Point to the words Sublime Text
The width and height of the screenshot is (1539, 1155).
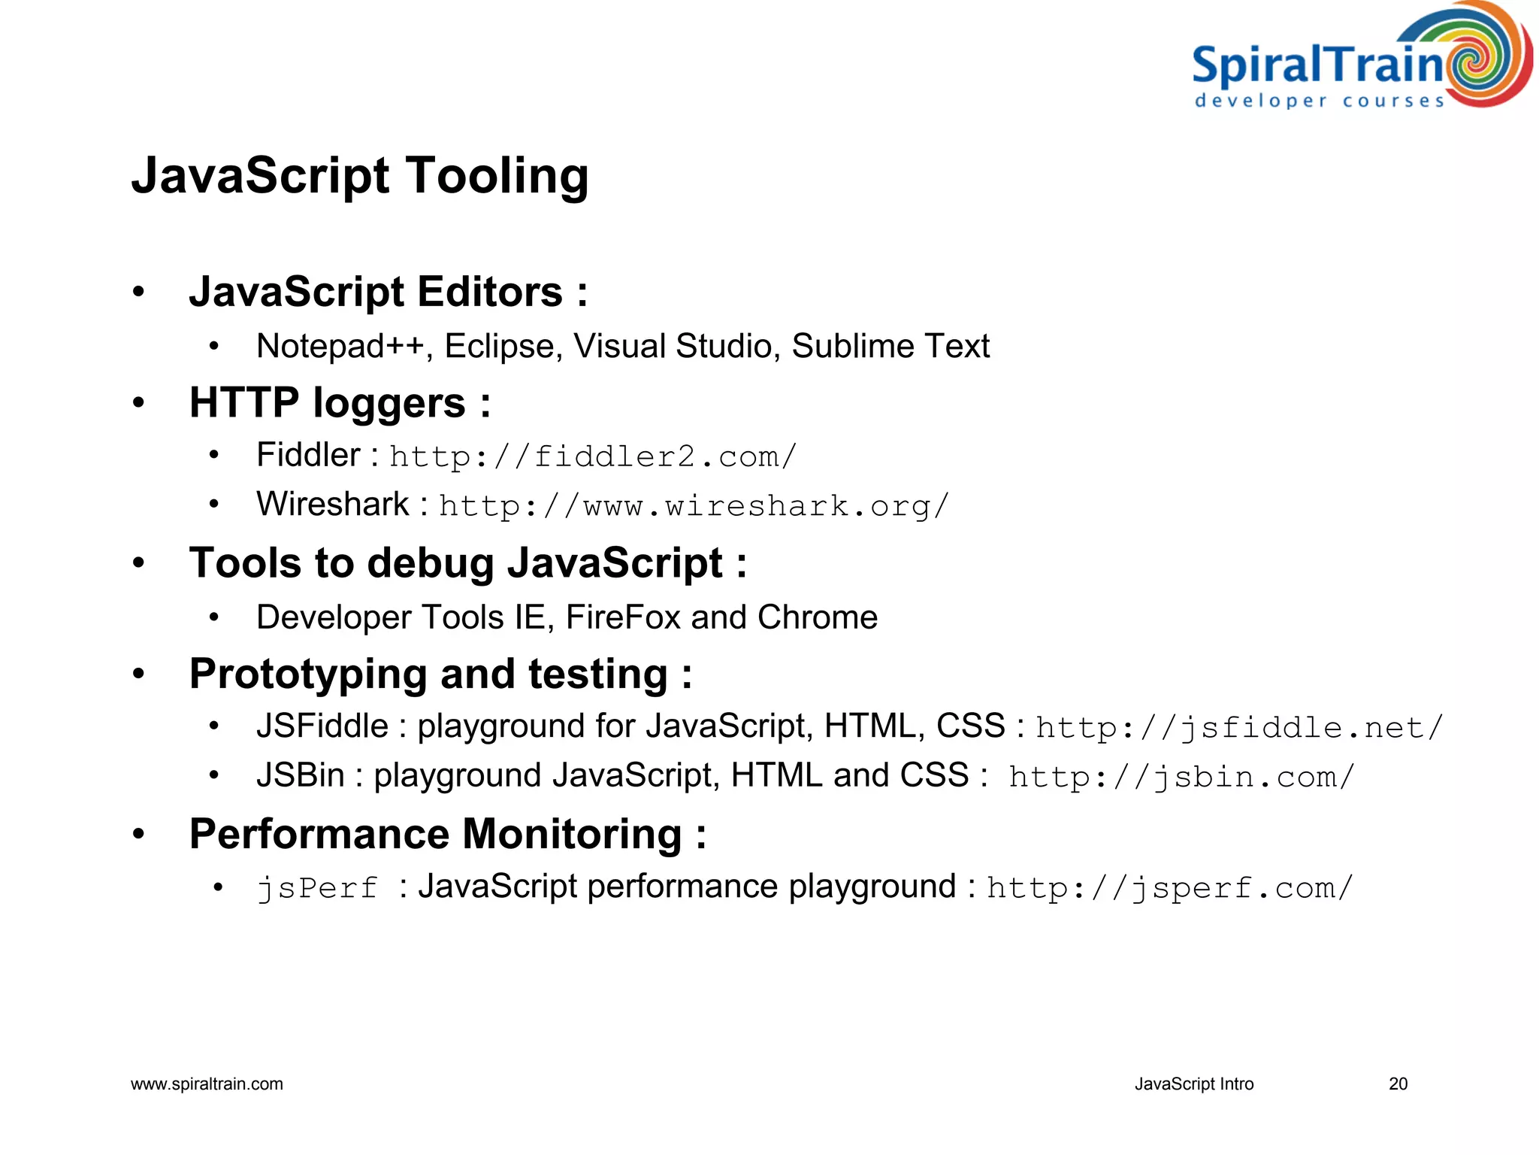click(x=890, y=347)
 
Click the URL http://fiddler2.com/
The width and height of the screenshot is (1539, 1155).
click(x=593, y=456)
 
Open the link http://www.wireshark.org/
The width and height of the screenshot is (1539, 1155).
click(x=694, y=506)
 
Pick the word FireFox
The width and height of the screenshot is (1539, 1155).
click(x=623, y=617)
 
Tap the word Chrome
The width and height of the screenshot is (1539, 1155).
click(x=818, y=617)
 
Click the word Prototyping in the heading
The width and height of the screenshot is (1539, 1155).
click(x=308, y=674)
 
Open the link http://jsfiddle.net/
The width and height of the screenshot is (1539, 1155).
click(x=1239, y=728)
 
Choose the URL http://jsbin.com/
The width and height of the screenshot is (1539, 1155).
click(x=1181, y=777)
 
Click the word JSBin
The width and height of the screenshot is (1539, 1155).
click(x=300, y=775)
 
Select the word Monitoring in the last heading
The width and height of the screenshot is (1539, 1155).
click(x=572, y=834)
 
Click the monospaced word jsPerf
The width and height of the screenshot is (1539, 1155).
click(x=316, y=888)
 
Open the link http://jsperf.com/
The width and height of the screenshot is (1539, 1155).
click(x=1169, y=888)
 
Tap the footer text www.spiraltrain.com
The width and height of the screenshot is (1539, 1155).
click(x=207, y=1084)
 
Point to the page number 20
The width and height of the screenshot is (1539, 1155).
click(x=1398, y=1084)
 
